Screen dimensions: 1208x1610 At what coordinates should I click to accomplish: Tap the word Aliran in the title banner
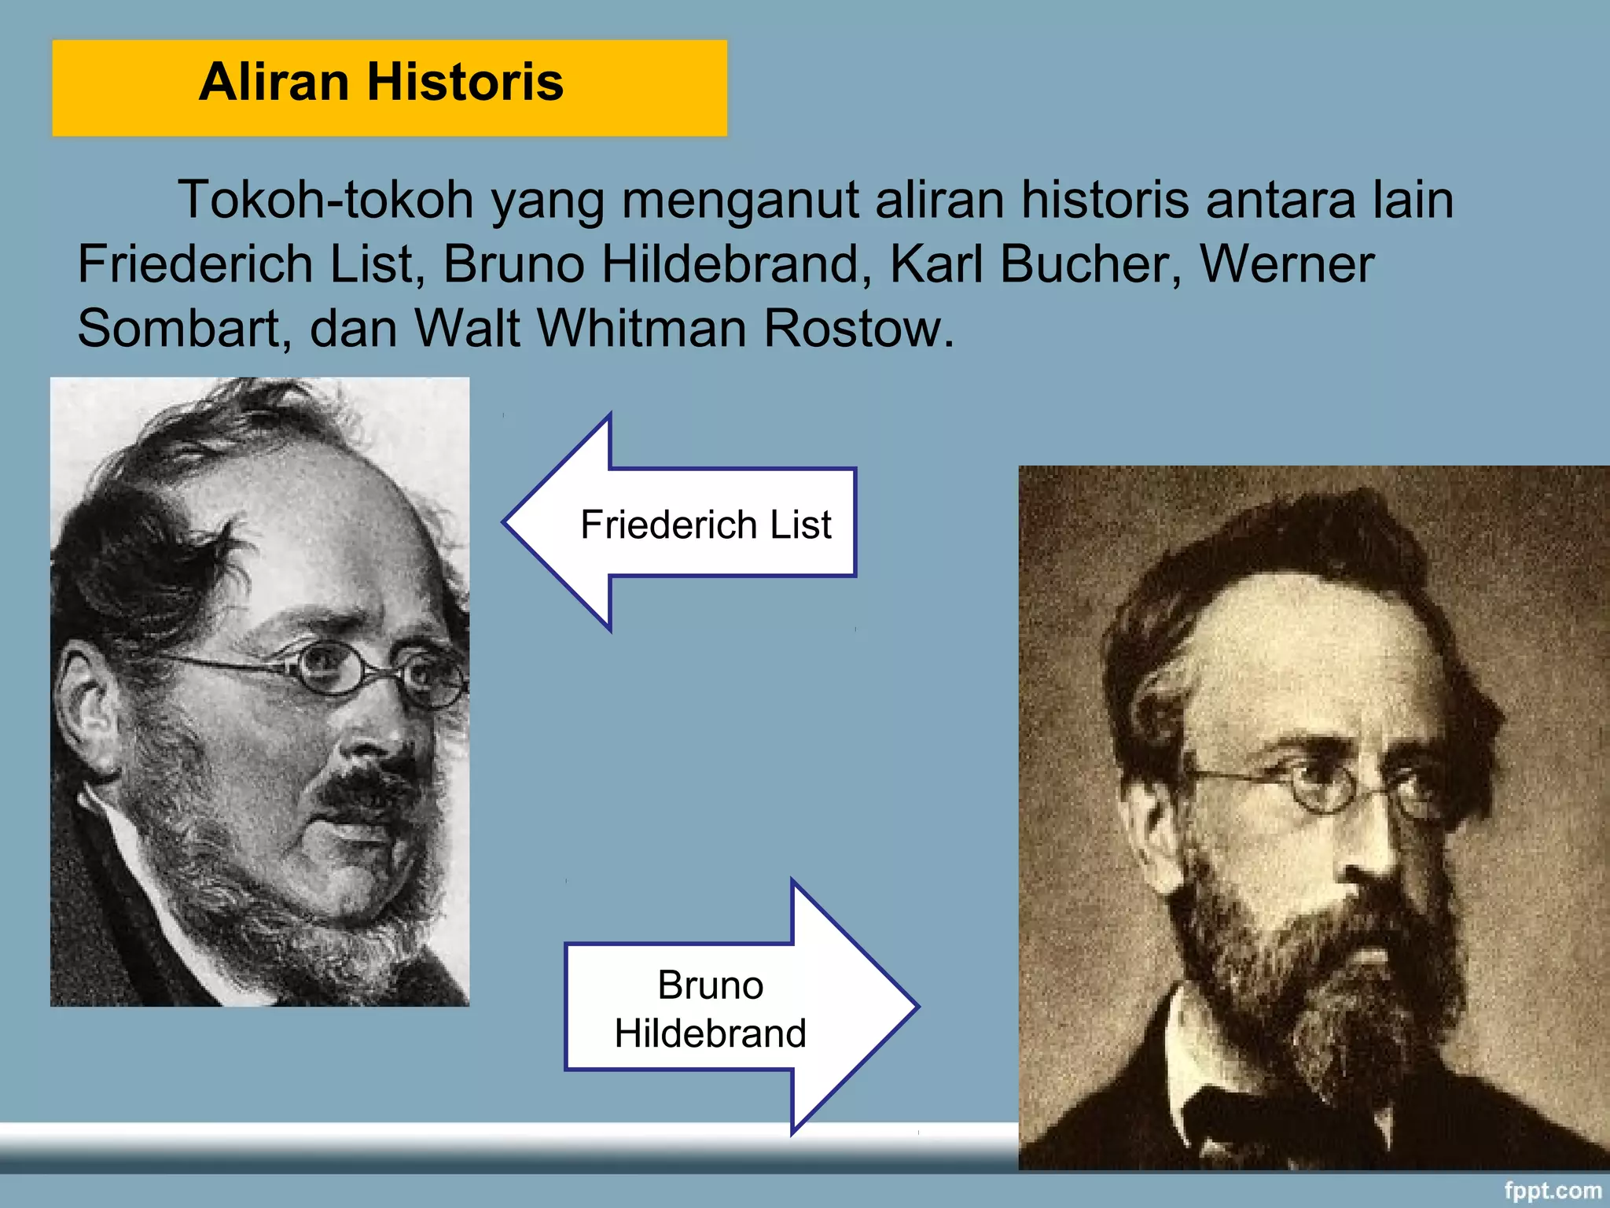tap(274, 82)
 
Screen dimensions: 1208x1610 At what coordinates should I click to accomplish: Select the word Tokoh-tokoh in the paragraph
tap(325, 200)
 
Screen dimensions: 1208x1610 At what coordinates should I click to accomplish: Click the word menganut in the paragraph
tap(739, 200)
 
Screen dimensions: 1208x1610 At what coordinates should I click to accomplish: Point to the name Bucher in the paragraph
tap(1090, 264)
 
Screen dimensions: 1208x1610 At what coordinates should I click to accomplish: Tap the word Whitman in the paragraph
tap(641, 329)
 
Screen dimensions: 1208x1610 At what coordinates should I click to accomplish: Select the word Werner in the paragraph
tap(1287, 264)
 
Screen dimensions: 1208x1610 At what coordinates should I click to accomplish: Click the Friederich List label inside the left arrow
tap(705, 525)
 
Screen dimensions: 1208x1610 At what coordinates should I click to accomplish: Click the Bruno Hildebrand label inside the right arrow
tap(710, 1009)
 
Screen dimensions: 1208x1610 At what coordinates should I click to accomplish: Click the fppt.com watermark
tap(1552, 1191)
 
